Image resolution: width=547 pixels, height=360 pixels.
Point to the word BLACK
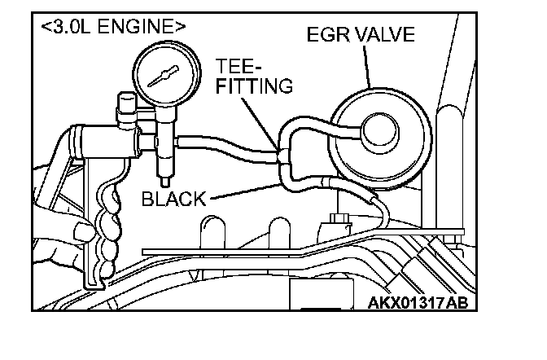(x=173, y=198)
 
